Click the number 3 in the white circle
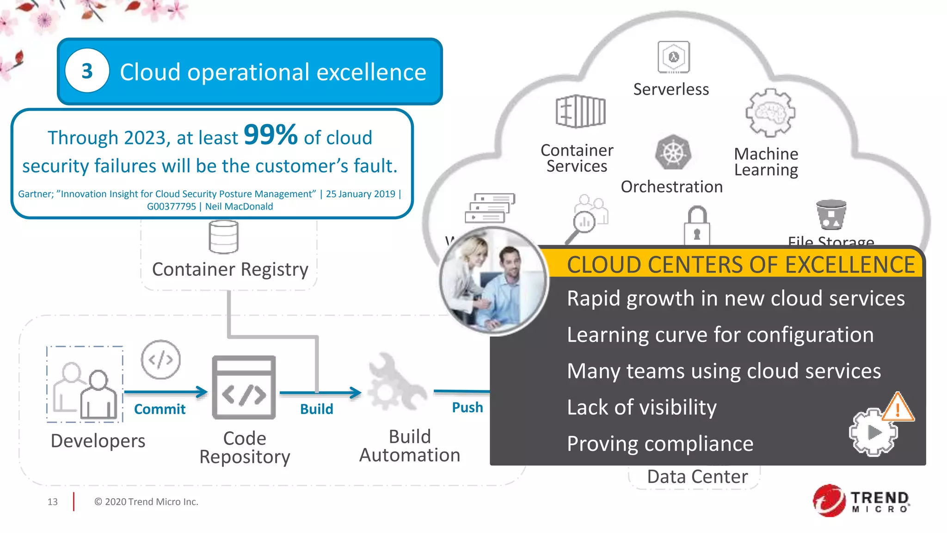click(x=87, y=71)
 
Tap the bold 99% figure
click(x=271, y=135)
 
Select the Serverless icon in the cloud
click(x=674, y=57)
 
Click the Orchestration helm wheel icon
click(x=673, y=153)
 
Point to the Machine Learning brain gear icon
click(x=770, y=113)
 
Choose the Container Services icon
click(x=580, y=112)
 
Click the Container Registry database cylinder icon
click(x=224, y=237)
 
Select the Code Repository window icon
click(x=244, y=388)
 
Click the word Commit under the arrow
click(x=160, y=409)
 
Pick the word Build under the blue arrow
click(x=316, y=409)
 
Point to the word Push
click(x=467, y=407)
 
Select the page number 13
click(x=52, y=502)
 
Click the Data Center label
click(x=697, y=477)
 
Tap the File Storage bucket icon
click(x=831, y=215)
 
